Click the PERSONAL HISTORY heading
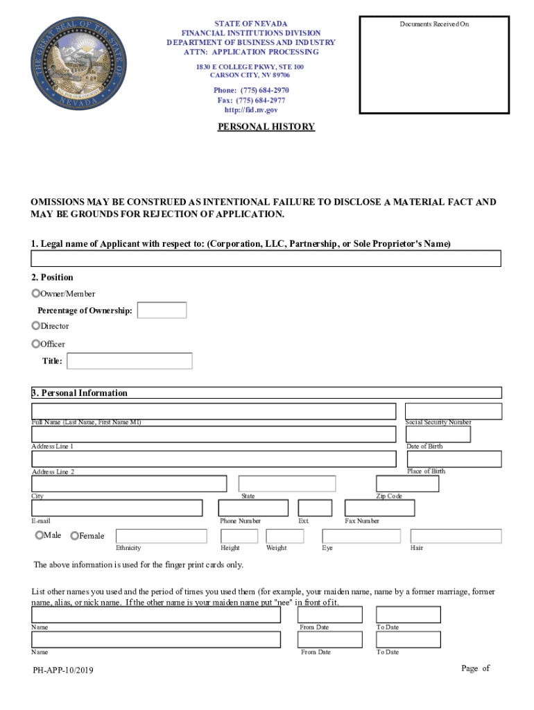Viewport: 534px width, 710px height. [x=266, y=127]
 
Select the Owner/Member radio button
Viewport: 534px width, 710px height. [x=36, y=293]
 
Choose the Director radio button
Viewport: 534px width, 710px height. [x=36, y=325]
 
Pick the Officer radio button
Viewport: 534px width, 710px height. [x=36, y=343]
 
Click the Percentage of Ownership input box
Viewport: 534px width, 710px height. [x=162, y=310]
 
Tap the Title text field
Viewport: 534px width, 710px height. [x=130, y=361]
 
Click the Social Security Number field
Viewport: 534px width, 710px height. [x=453, y=411]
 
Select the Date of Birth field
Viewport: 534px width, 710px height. [x=438, y=434]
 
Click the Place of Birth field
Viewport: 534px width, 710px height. [x=454, y=459]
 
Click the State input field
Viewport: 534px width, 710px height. [x=287, y=483]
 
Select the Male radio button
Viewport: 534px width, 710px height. [x=40, y=535]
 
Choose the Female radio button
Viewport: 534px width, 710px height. [x=75, y=535]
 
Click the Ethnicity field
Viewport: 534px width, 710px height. [x=161, y=536]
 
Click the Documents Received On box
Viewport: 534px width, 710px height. [x=434, y=66]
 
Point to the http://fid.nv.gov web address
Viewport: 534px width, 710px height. [x=250, y=110]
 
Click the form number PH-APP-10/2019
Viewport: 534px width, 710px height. [x=62, y=670]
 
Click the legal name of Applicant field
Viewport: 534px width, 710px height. [x=266, y=259]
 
